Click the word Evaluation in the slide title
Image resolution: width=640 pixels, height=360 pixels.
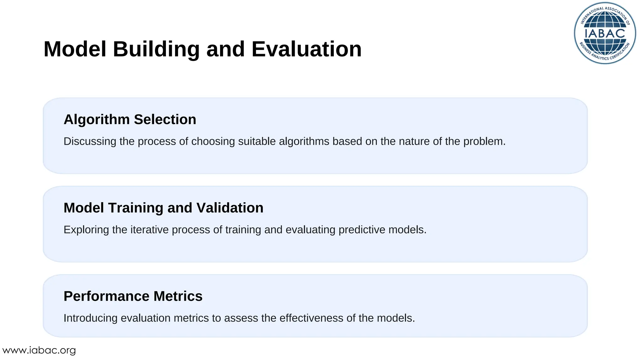306,49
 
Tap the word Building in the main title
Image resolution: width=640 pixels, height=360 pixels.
156,49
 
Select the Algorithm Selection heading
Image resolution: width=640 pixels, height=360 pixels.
130,119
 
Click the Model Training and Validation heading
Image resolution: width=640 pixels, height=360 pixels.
163,208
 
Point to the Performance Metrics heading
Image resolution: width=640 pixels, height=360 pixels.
133,296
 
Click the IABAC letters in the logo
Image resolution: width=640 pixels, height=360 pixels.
605,33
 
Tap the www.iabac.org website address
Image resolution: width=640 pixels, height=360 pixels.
39,350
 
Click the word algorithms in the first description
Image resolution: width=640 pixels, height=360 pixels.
304,142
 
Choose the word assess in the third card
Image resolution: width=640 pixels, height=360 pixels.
241,318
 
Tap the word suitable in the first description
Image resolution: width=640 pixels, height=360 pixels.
257,142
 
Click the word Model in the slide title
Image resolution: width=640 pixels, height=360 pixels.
75,49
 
